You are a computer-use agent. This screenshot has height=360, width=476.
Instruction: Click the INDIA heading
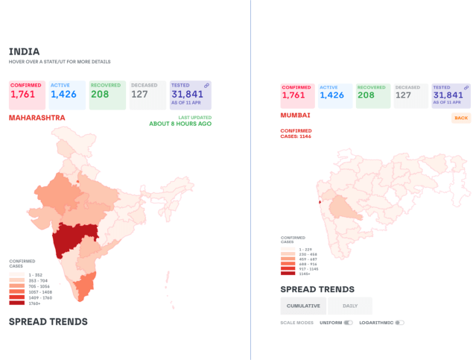point(24,51)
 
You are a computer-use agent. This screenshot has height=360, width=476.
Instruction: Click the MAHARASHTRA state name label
point(37,118)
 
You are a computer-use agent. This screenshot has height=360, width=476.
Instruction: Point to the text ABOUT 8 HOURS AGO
point(180,124)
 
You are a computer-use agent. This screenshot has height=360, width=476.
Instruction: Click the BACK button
point(461,119)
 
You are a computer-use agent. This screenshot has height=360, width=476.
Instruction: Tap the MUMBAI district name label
point(295,116)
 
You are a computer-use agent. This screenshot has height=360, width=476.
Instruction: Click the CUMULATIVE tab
point(303,306)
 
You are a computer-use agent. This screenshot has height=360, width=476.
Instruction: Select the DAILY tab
point(349,306)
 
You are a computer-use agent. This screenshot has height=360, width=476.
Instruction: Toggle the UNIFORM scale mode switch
point(348,323)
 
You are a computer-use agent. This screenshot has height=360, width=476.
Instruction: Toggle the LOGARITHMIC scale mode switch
point(399,323)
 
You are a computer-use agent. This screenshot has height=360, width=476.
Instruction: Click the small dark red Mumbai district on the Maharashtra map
point(320,201)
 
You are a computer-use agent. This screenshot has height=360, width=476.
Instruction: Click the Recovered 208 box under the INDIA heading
point(107,95)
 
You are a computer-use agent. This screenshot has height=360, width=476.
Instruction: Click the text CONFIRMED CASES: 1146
point(296,133)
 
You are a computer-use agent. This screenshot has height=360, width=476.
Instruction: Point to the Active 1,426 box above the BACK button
point(334,95)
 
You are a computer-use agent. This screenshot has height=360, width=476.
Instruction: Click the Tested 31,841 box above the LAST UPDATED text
point(190,95)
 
